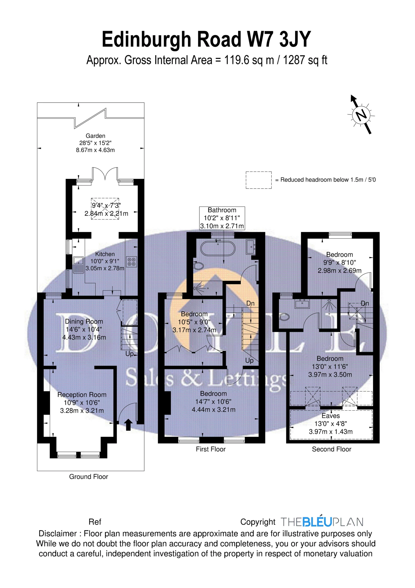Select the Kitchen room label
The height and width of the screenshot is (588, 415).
105,254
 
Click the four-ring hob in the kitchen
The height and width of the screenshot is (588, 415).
132,261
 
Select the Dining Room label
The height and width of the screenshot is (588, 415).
84,321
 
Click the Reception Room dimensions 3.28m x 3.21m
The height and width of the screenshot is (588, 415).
82,411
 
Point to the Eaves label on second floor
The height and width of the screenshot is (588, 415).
331,416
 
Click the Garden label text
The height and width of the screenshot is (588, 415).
95,136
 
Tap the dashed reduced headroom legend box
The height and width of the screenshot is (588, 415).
259,180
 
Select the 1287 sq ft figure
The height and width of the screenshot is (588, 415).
305,60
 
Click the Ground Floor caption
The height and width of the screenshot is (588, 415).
89,477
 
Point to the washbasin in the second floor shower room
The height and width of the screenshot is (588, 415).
302,304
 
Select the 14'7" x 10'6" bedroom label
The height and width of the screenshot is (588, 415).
213,402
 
